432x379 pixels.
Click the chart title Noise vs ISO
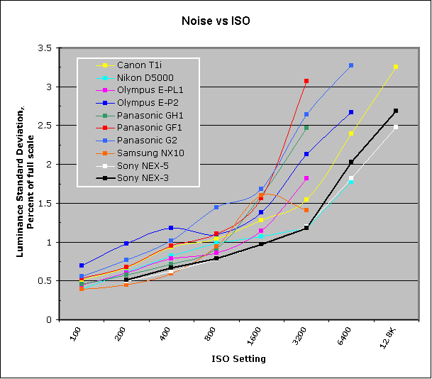[216, 22]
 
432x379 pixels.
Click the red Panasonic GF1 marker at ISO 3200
[306, 82]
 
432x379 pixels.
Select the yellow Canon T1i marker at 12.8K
[396, 67]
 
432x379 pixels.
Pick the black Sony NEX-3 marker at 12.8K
[396, 111]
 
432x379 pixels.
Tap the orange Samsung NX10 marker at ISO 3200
[306, 210]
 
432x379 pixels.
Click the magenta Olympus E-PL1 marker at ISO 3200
[306, 178]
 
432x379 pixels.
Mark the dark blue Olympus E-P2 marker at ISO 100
[82, 265]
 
